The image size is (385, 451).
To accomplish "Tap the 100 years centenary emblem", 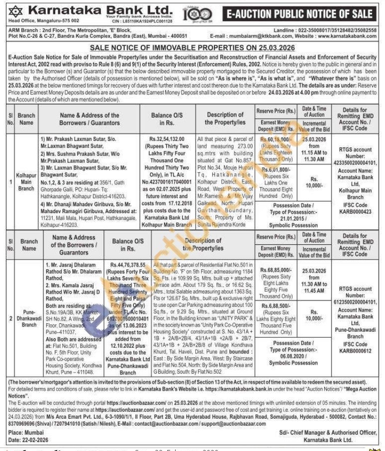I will coord(192,13).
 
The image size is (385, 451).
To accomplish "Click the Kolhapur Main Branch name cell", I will coord(26,182).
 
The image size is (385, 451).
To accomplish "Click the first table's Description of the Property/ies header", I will coord(224,118).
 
